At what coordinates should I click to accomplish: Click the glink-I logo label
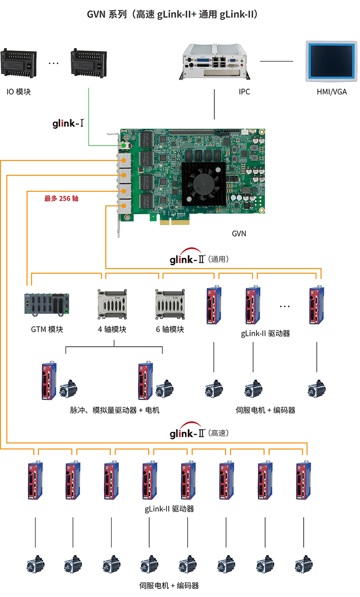coord(68,123)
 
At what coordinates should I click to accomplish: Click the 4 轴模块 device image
coord(112,304)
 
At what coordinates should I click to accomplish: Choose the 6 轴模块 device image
coord(170,304)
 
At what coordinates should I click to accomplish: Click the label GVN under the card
coord(239,234)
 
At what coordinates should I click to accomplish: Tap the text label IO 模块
coord(18,92)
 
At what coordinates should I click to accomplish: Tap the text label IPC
coord(244,92)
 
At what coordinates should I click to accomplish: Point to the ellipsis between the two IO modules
coord(54,63)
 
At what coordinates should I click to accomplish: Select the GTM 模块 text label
coord(47,329)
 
